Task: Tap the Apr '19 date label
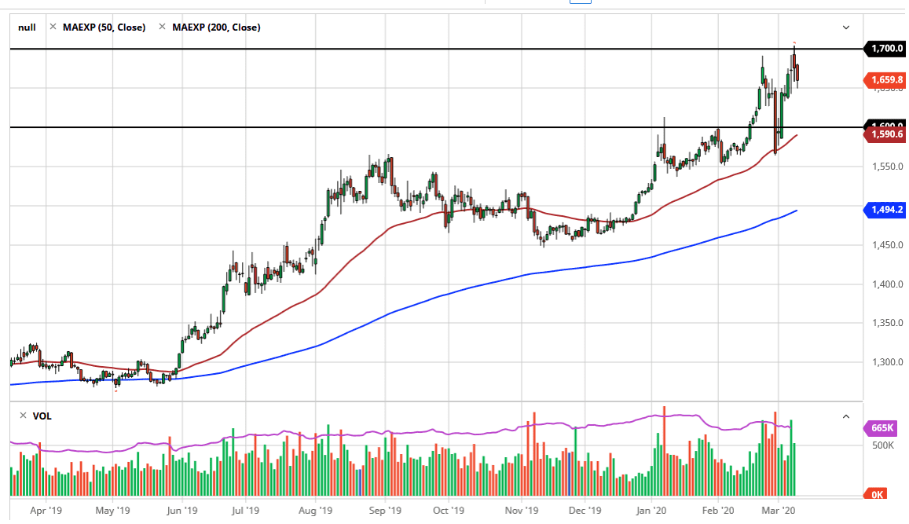point(46,510)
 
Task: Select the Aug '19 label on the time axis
point(315,510)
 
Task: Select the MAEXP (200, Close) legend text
point(216,27)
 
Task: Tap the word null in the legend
point(27,27)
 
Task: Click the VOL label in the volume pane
point(42,416)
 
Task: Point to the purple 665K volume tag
point(882,428)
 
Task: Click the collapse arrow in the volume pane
point(846,416)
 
